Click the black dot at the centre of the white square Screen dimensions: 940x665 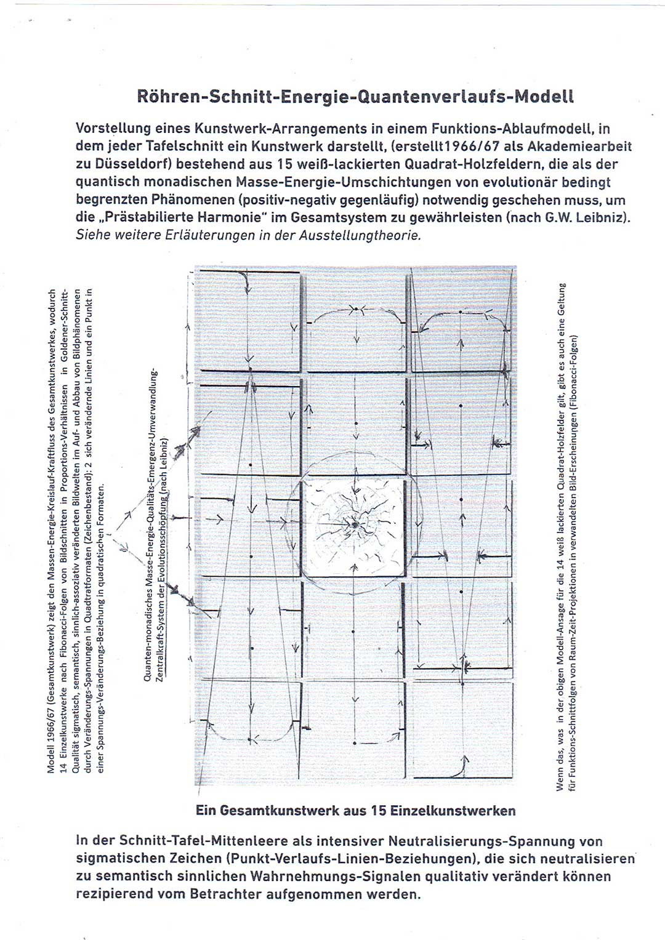pyautogui.click(x=355, y=524)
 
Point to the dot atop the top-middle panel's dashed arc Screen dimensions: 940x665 pyautogui.click(x=355, y=309)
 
